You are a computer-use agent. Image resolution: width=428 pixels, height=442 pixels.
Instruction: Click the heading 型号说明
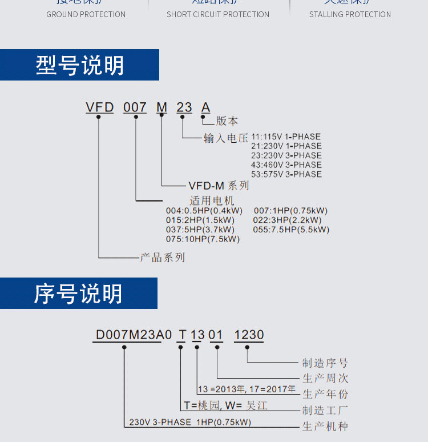(80, 66)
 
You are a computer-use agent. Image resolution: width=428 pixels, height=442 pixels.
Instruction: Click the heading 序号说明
(78, 294)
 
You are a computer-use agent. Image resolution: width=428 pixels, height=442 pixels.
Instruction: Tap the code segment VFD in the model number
(100, 107)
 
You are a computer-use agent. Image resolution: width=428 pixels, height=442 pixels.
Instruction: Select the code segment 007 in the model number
(135, 107)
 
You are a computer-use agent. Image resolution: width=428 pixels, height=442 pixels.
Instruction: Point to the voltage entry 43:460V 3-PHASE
(286, 165)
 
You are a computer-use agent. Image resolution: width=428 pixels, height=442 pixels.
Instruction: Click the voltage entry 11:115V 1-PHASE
(286, 137)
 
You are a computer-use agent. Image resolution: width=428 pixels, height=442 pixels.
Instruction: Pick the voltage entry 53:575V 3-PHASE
(286, 174)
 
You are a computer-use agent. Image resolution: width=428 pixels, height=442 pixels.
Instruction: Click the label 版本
(227, 121)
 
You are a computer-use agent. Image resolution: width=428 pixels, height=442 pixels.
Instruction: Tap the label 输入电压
(226, 138)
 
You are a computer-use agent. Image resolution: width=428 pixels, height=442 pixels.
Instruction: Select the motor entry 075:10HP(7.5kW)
(203, 239)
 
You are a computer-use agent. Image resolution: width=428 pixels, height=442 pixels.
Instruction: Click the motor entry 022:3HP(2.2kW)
(288, 220)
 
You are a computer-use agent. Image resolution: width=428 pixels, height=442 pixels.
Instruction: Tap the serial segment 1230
(249, 335)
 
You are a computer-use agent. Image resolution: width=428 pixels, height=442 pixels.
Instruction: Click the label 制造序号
(325, 363)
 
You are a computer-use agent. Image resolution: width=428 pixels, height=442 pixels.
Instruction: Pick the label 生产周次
(325, 379)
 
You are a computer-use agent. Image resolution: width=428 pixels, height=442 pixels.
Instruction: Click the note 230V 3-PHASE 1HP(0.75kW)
(190, 423)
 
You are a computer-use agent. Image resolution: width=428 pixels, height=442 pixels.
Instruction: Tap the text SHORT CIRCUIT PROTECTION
(218, 14)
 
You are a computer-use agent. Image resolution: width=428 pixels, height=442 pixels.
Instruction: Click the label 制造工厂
(325, 411)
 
